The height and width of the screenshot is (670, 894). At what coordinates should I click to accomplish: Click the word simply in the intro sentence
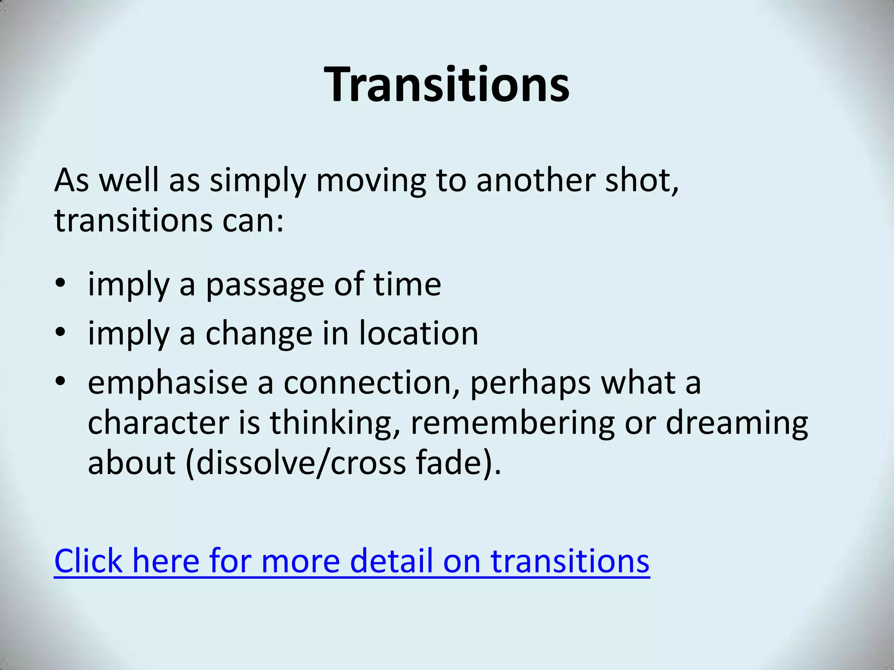point(257,181)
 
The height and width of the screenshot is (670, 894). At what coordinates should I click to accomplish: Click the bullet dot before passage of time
point(60,284)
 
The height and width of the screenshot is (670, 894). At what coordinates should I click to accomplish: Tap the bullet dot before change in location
point(60,333)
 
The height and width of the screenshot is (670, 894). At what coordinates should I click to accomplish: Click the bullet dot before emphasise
point(60,382)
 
